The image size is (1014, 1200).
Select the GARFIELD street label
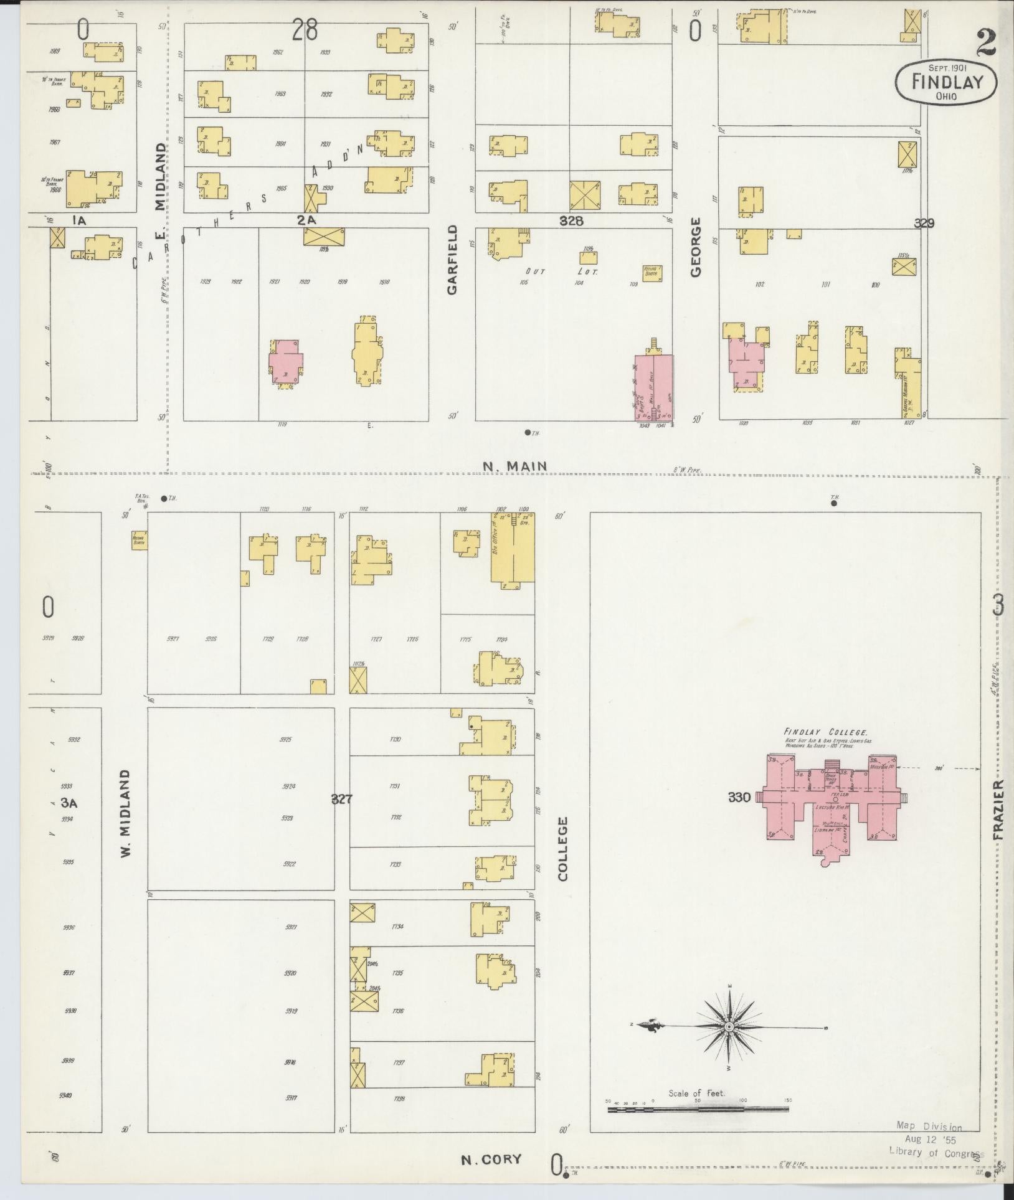(452, 260)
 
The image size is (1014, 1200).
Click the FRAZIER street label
(1000, 810)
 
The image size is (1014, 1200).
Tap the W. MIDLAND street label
(126, 812)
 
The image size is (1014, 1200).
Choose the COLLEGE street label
(563, 849)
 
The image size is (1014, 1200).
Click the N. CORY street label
(490, 1159)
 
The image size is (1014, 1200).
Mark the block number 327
(342, 799)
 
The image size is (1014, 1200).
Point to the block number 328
(571, 220)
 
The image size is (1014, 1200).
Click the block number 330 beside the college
(739, 797)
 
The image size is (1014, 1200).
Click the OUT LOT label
(561, 272)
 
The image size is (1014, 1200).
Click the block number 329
(924, 223)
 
